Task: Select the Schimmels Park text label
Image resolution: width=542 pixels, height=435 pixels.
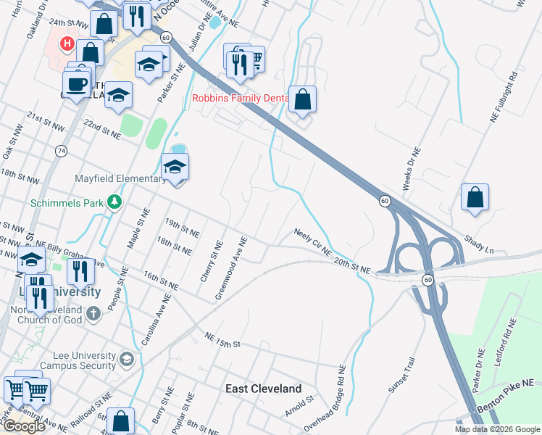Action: (67, 203)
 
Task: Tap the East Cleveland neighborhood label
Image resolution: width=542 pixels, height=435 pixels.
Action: (263, 389)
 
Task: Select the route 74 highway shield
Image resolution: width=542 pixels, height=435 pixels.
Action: (61, 150)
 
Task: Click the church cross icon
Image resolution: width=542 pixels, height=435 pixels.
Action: (92, 313)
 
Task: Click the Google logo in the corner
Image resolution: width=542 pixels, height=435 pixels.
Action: (23, 426)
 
